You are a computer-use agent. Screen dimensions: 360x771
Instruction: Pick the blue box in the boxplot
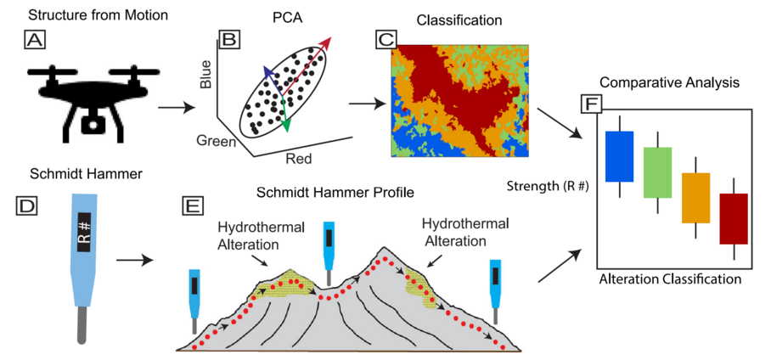coord(620,156)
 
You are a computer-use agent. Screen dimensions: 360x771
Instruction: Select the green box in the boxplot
coord(657,172)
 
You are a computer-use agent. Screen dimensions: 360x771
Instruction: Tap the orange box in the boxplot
coord(695,198)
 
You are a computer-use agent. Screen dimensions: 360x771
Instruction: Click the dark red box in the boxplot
coord(733,218)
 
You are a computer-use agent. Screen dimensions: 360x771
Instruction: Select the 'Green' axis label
coord(218,141)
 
